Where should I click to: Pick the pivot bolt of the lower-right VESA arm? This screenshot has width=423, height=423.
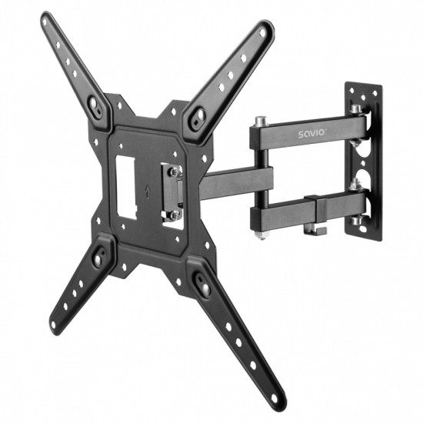click(205, 287)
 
